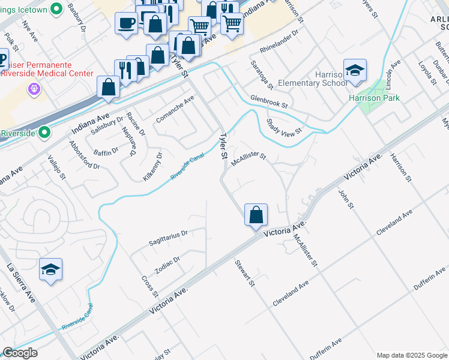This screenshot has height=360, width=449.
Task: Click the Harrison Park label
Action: click(x=373, y=98)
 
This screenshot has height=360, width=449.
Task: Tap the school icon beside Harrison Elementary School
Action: click(x=355, y=70)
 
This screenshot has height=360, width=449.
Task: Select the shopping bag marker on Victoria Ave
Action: click(x=256, y=214)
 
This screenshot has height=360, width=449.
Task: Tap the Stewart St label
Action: click(x=246, y=273)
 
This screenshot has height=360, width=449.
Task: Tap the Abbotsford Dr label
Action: click(x=85, y=156)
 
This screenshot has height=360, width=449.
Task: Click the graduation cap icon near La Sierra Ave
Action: click(x=51, y=269)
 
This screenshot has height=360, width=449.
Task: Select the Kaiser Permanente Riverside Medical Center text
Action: click(x=47, y=69)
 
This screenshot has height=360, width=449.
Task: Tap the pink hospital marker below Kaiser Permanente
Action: click(x=34, y=89)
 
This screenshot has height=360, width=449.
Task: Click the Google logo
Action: click(x=20, y=353)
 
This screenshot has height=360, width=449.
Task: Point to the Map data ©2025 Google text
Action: click(x=411, y=355)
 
